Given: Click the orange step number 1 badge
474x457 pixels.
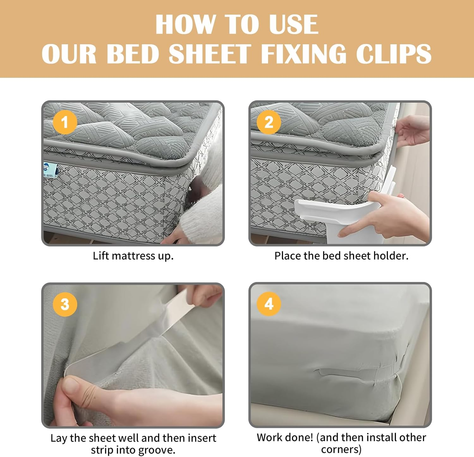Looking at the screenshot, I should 65,122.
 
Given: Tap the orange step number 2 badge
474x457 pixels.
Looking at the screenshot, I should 269,122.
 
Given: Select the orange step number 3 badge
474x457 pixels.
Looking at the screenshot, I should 65,304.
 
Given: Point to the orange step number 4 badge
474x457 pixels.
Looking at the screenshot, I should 269,304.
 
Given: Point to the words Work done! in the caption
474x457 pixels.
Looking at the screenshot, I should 284,437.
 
